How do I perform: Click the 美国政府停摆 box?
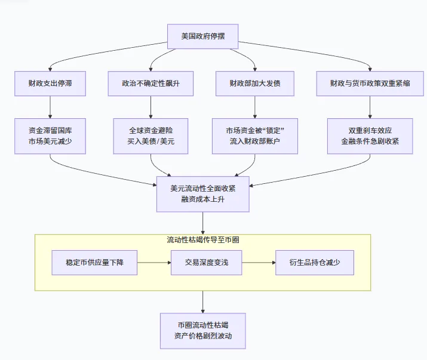pyautogui.click(x=202, y=36)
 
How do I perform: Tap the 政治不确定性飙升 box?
pyautogui.click(x=150, y=84)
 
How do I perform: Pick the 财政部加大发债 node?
pyautogui.click(x=255, y=84)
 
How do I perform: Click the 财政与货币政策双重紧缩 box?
pyautogui.click(x=369, y=84)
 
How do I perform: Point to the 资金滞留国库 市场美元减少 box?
pyautogui.click(x=50, y=136)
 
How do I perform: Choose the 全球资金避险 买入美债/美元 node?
pyautogui.click(x=150, y=136)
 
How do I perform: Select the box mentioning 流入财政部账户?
pyautogui.click(x=255, y=136)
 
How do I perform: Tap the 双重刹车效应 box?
pyautogui.click(x=370, y=136)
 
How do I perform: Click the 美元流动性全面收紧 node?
pyautogui.click(x=202, y=193)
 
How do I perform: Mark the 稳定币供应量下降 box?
pyautogui.click(x=94, y=263)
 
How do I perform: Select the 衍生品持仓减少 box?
pyautogui.click(x=315, y=263)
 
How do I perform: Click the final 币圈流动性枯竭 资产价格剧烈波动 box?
pyautogui.click(x=202, y=331)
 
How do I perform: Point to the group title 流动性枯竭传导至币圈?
pyautogui.click(x=203, y=240)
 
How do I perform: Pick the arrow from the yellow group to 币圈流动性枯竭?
pyautogui.click(x=202, y=301)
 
